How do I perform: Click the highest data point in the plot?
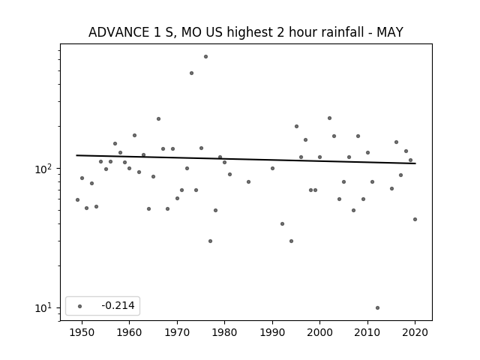(x=205, y=57)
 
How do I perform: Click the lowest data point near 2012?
(x=377, y=308)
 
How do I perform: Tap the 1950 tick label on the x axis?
(x=82, y=332)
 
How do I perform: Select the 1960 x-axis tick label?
(x=129, y=332)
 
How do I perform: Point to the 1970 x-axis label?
(x=177, y=332)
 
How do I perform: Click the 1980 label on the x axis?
(x=224, y=332)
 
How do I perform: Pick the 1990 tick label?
(x=272, y=332)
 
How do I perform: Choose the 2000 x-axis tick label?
(x=319, y=332)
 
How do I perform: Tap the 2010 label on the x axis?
(x=367, y=332)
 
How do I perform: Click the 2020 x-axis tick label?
(x=415, y=332)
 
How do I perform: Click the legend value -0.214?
(x=118, y=305)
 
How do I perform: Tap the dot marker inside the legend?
(x=80, y=306)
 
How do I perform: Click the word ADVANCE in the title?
(x=118, y=32)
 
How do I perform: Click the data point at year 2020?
(x=415, y=220)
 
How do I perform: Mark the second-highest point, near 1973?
(x=192, y=73)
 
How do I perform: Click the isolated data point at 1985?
(x=248, y=181)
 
